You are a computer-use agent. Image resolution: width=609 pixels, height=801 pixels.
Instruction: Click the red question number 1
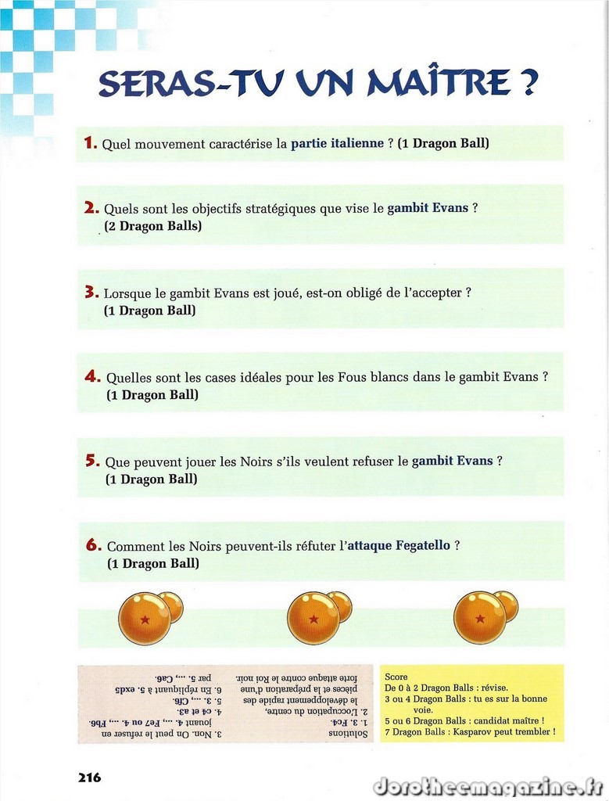click(x=90, y=143)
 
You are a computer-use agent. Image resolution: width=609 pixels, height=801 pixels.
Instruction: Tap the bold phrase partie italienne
click(x=337, y=144)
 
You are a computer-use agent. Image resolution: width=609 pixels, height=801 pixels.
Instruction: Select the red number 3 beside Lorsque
click(x=91, y=293)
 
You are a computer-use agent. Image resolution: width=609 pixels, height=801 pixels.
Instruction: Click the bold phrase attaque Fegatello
click(x=399, y=545)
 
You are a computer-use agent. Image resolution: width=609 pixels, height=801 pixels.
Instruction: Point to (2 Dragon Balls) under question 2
click(x=152, y=226)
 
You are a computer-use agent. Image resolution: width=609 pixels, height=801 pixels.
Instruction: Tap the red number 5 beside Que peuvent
click(x=91, y=461)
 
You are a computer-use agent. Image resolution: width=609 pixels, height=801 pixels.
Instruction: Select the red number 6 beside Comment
click(x=93, y=545)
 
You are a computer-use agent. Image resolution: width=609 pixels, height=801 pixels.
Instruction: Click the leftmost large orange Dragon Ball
click(x=145, y=618)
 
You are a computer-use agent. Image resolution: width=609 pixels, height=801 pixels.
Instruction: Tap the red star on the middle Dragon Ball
click(x=313, y=620)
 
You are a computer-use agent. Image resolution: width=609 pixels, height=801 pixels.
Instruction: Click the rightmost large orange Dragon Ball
click(x=479, y=617)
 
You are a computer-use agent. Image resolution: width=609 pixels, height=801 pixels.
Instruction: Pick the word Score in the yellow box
click(x=396, y=677)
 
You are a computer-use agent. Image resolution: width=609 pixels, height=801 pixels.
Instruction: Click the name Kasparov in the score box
click(x=470, y=732)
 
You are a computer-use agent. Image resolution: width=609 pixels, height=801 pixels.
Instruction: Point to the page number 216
click(x=89, y=778)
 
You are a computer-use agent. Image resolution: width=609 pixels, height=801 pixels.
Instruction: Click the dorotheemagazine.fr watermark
click(x=486, y=785)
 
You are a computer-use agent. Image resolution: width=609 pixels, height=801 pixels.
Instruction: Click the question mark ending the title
click(x=528, y=82)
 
